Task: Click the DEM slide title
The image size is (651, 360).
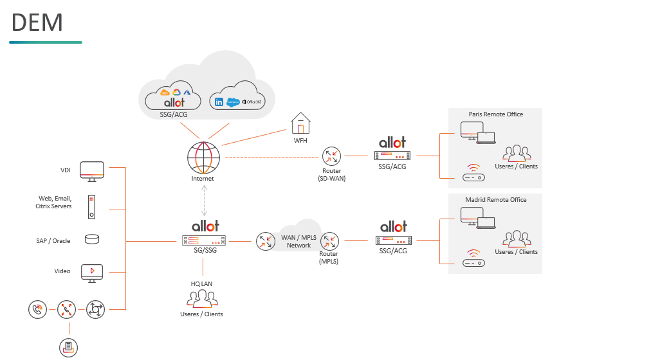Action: [x=37, y=22]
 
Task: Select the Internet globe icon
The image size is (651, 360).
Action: [x=203, y=156]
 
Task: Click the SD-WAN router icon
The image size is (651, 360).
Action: [x=332, y=156]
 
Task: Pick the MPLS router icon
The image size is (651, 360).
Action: [x=329, y=242]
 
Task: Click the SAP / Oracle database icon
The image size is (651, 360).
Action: [x=92, y=240]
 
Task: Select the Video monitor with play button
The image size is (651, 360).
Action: [x=92, y=272]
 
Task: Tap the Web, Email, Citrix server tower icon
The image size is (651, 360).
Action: [x=92, y=206]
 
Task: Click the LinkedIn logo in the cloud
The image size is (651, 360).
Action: [x=219, y=102]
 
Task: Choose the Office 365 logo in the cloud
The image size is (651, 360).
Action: [x=251, y=102]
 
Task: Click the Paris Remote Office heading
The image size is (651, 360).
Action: [x=495, y=114]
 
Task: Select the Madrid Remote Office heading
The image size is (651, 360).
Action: [x=495, y=200]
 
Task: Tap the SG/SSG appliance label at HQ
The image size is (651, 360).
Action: [x=203, y=250]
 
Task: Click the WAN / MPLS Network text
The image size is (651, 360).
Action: [x=298, y=242]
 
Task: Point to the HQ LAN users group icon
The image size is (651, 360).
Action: [x=203, y=298]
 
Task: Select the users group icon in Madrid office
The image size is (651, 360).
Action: [x=517, y=239]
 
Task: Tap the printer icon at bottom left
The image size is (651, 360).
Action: [x=68, y=348]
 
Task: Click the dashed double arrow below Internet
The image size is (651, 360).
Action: [x=205, y=201]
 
